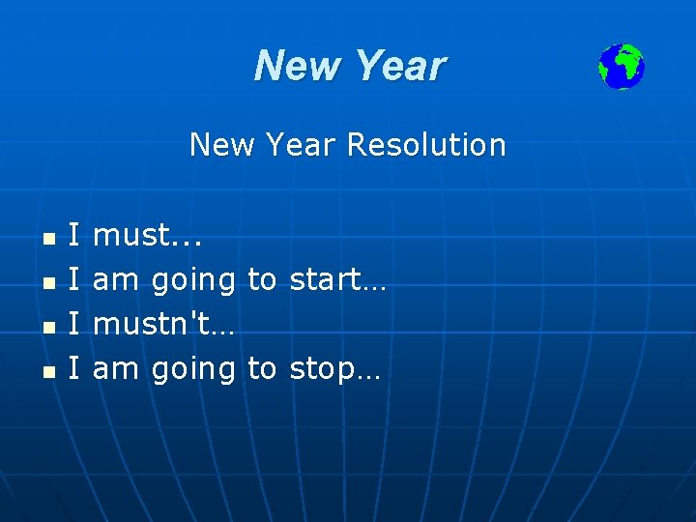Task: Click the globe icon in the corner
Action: tap(621, 67)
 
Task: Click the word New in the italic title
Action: tap(297, 67)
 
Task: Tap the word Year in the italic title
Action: tap(399, 67)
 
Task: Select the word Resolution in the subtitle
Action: tap(426, 145)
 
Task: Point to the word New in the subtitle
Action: tap(217, 145)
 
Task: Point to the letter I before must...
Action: tap(74, 235)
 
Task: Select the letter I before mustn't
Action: tap(74, 324)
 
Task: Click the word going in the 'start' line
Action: tap(194, 281)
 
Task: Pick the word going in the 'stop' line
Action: tap(194, 370)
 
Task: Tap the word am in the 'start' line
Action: tap(115, 279)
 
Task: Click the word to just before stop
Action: tap(262, 368)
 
